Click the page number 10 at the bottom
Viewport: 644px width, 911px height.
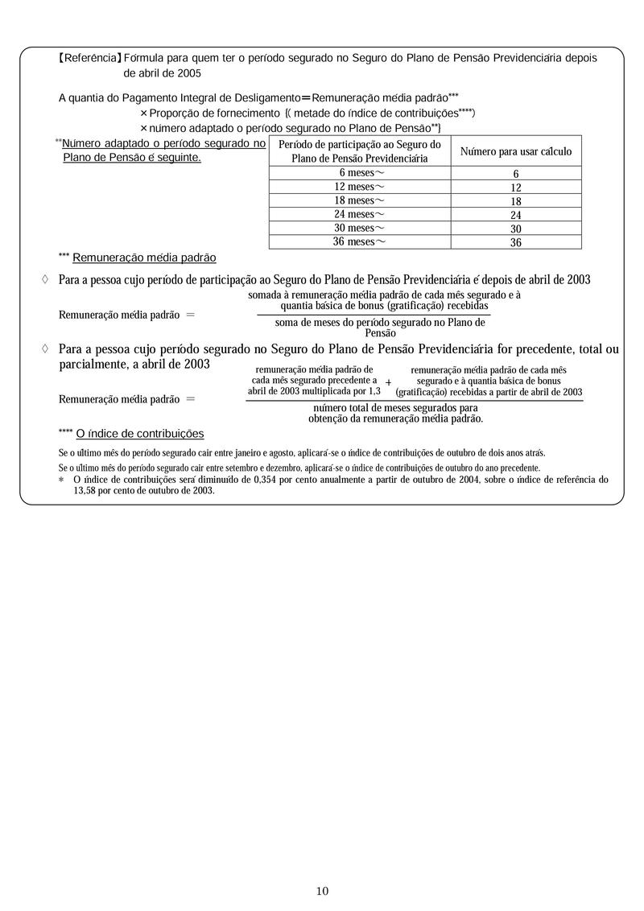click(322, 891)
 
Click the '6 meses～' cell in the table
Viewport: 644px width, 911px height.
click(359, 173)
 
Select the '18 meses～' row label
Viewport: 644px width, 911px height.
click(359, 200)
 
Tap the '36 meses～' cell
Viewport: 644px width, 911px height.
click(359, 241)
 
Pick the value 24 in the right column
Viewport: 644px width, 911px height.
click(516, 215)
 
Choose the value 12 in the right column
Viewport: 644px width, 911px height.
click(516, 188)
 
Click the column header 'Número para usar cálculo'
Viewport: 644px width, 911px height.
click(516, 151)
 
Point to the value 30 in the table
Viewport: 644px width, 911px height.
click(516, 229)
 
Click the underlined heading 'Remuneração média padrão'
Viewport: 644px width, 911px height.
click(144, 258)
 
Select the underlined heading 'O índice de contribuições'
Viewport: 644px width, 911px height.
click(140, 434)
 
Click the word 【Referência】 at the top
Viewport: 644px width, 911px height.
click(89, 58)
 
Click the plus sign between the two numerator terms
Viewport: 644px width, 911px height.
click(389, 382)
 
